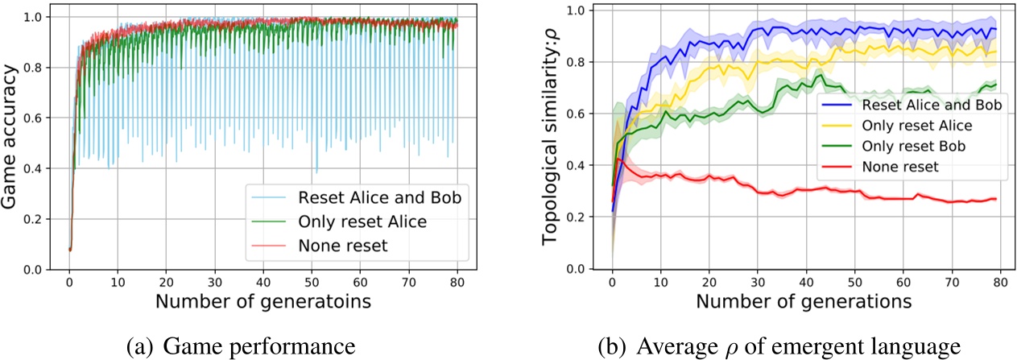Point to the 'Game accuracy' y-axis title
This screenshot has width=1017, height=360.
coord(14,139)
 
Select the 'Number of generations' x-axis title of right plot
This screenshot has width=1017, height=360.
coord(804,304)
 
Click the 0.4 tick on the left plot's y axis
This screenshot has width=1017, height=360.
coord(46,168)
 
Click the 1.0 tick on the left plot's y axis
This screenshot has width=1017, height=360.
coord(46,17)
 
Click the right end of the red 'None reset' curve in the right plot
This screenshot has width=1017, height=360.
coord(996,199)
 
